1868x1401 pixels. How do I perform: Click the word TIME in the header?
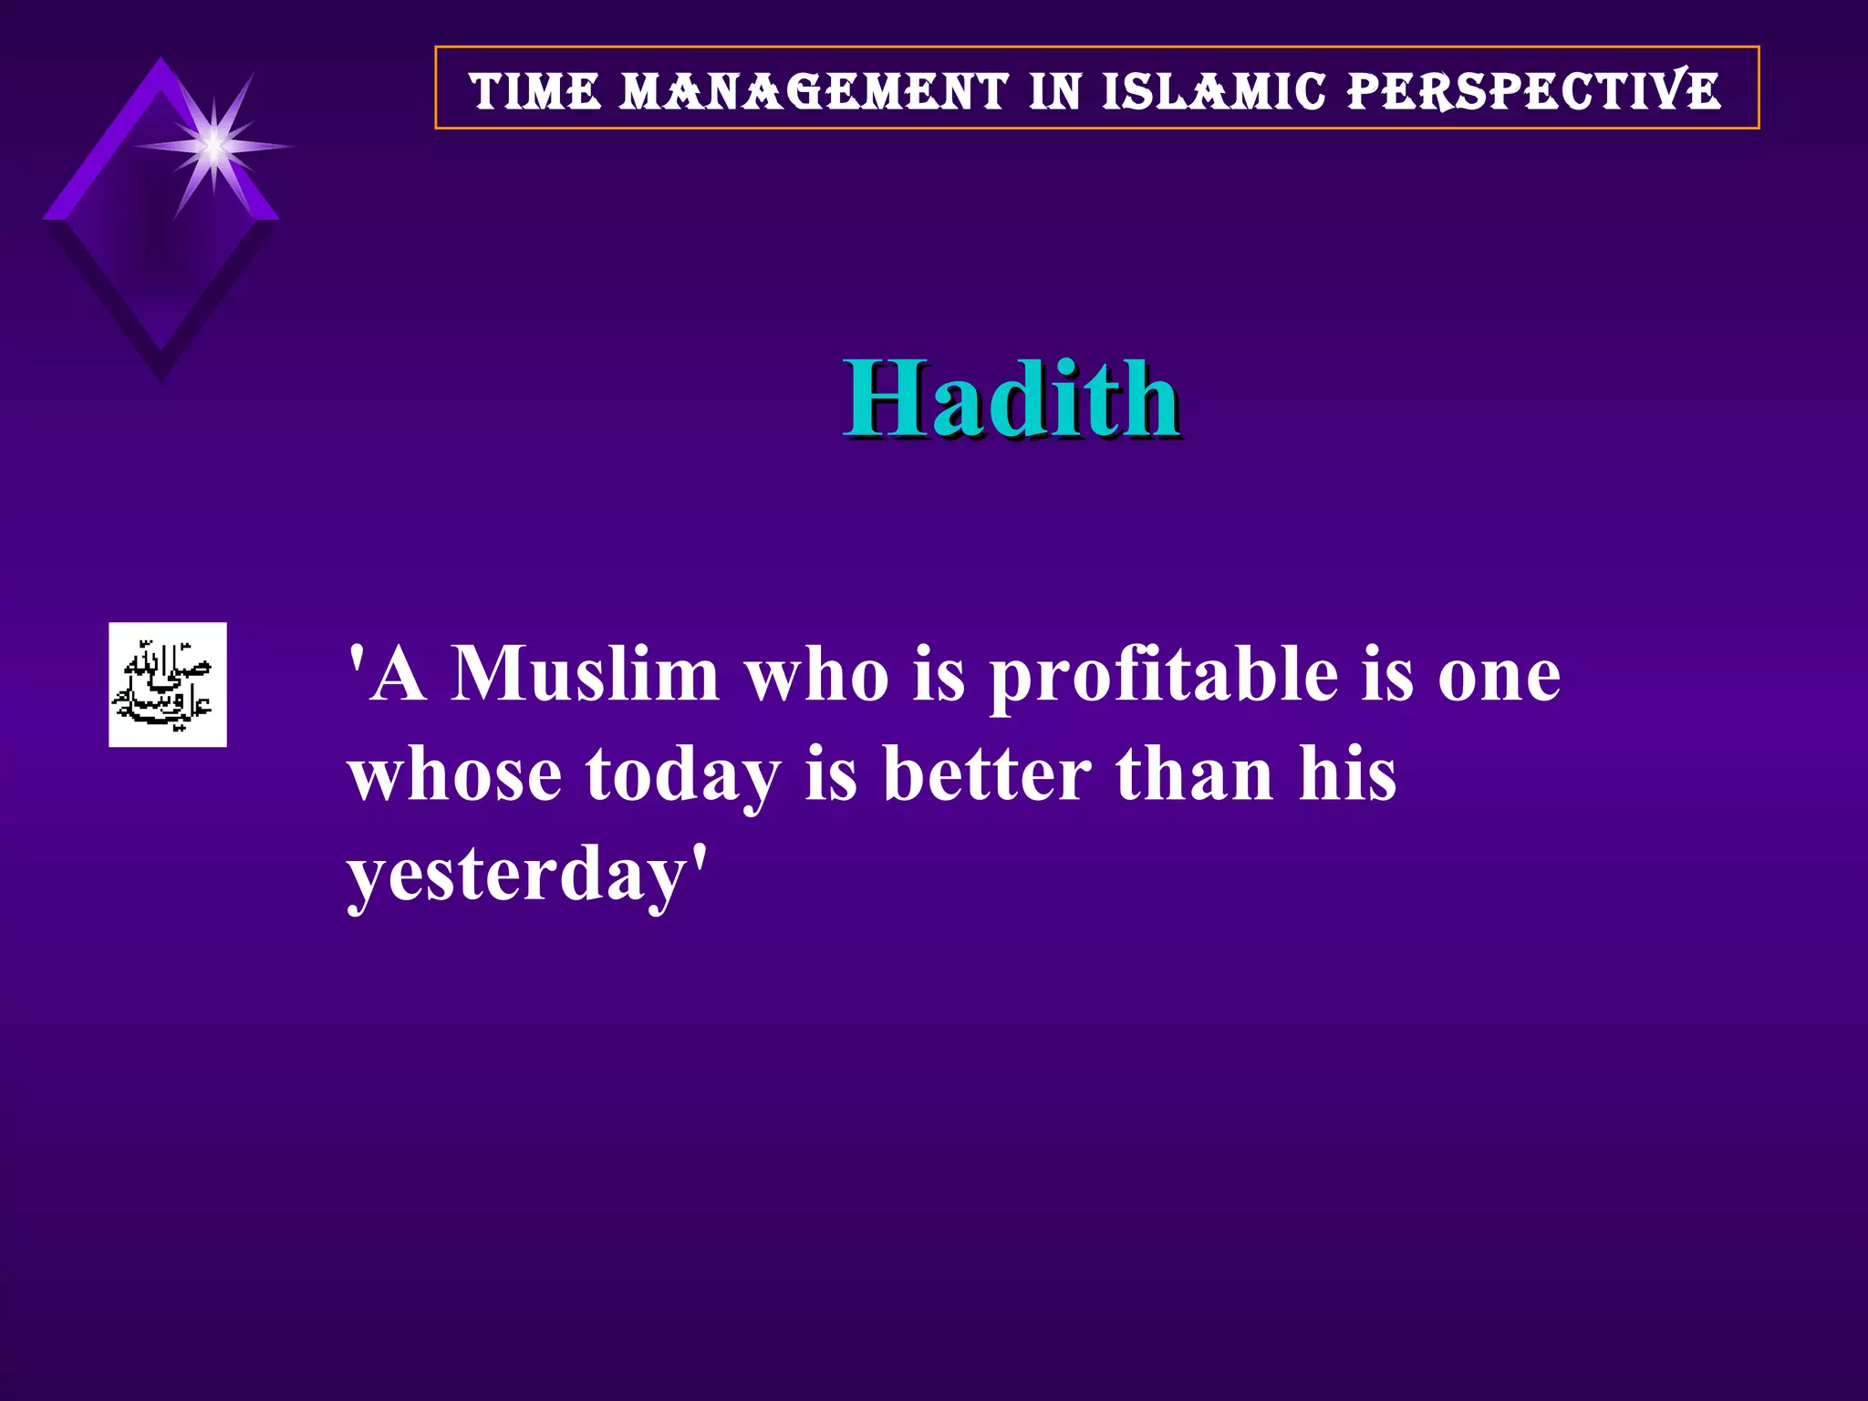click(x=535, y=91)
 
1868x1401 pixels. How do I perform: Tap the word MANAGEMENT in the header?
click(x=814, y=91)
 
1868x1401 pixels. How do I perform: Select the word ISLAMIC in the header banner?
click(x=1213, y=91)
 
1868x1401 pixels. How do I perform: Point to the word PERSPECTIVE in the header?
click(x=1533, y=91)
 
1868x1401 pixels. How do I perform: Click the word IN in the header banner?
click(x=1055, y=91)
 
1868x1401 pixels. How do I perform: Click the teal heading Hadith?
click(x=1011, y=399)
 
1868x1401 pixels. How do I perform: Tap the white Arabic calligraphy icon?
click(x=168, y=684)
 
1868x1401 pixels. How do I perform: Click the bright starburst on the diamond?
click(x=213, y=146)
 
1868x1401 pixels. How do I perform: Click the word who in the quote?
click(x=816, y=675)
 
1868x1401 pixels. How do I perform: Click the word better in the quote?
click(x=987, y=775)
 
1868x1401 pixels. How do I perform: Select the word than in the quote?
click(x=1194, y=775)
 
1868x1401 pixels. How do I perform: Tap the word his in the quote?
click(x=1347, y=775)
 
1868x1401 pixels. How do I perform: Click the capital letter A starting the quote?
click(x=400, y=675)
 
